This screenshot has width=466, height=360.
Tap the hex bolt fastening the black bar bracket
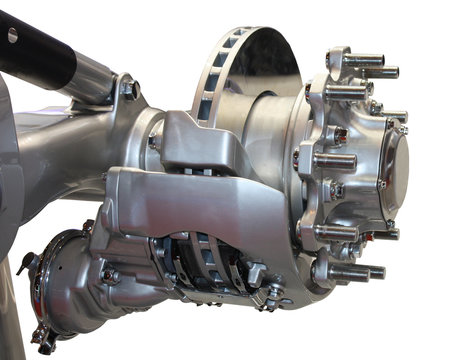pos(129,90)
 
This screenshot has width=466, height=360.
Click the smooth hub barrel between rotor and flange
pos(280,150)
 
